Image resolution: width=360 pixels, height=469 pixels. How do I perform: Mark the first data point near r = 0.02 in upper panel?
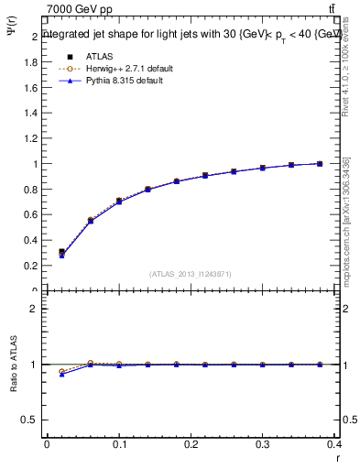pyautogui.click(x=61, y=252)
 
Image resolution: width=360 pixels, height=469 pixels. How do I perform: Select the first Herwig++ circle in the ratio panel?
pyautogui.click(x=61, y=372)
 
